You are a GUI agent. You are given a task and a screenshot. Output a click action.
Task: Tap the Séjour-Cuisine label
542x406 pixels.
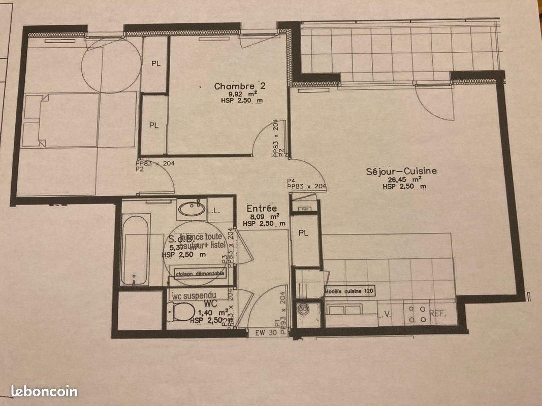click(x=401, y=172)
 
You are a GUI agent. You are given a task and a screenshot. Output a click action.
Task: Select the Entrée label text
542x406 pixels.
click(x=262, y=209)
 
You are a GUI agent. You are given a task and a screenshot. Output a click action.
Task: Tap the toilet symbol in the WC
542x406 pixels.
click(x=182, y=311)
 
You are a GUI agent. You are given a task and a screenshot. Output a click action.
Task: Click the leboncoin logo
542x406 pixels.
click(x=44, y=391)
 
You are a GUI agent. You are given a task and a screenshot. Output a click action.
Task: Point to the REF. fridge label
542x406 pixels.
click(x=438, y=314)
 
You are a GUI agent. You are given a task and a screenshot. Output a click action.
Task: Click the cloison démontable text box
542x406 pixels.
click(x=200, y=274)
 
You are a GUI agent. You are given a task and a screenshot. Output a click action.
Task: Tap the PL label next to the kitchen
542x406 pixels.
click(x=304, y=233)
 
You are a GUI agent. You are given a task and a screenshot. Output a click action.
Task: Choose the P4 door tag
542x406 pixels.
click(x=291, y=180)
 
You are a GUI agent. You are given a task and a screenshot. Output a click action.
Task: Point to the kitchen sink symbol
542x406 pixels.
click(x=343, y=308)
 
